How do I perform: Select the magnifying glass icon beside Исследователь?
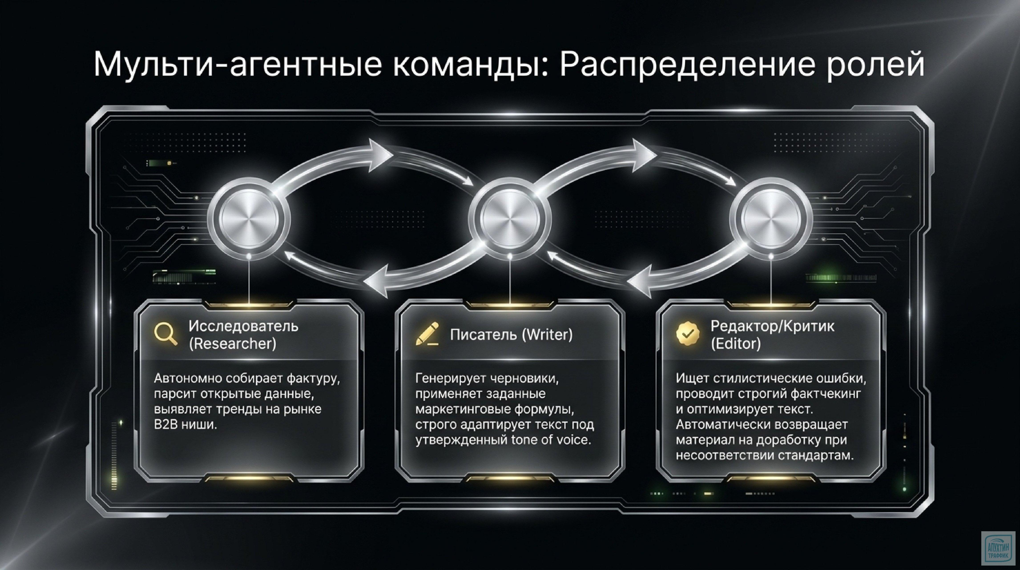[165, 334]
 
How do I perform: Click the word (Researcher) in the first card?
[232, 344]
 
